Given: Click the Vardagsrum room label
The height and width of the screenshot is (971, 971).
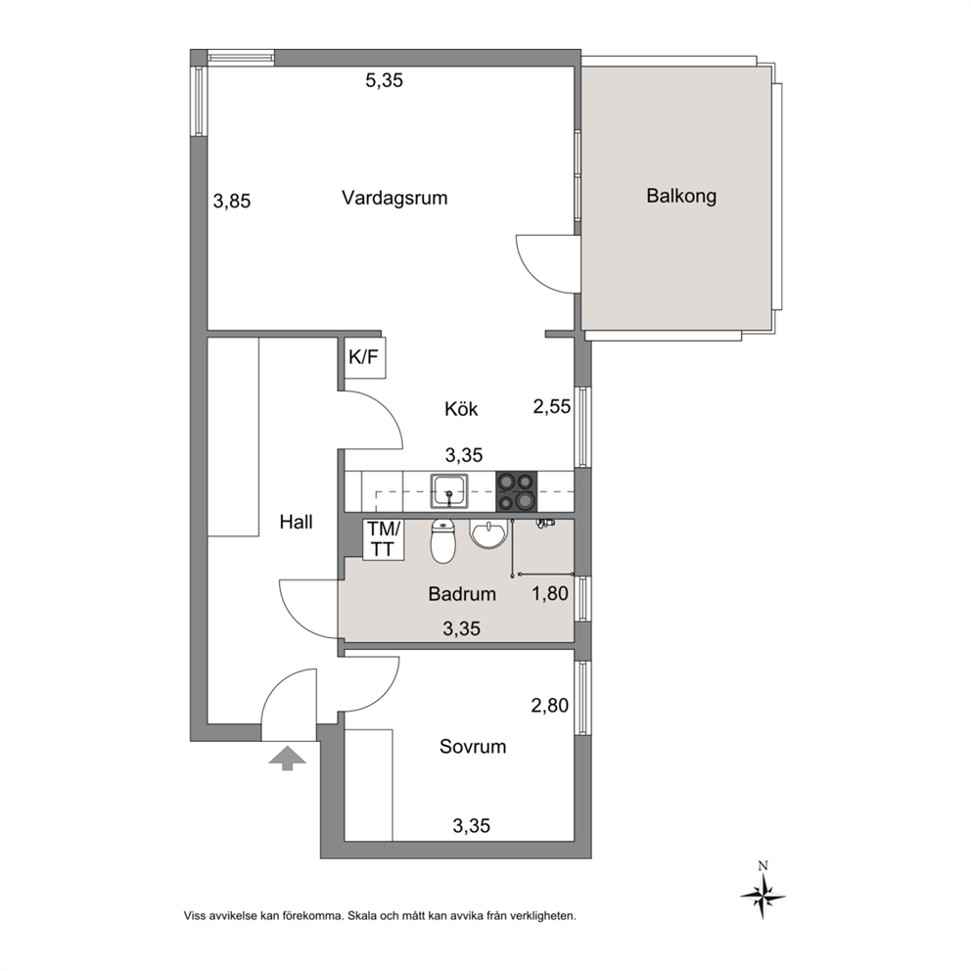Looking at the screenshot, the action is (x=394, y=198).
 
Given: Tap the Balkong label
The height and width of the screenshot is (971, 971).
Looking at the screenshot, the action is (x=681, y=197).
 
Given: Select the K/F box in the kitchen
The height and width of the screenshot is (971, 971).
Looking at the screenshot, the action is (x=365, y=358).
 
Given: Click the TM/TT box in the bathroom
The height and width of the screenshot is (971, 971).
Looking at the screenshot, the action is (x=384, y=539).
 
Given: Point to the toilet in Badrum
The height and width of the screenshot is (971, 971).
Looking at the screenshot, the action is (x=442, y=541).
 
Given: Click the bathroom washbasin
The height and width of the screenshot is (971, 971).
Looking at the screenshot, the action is (x=488, y=534).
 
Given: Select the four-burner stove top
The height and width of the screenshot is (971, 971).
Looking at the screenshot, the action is (x=517, y=491).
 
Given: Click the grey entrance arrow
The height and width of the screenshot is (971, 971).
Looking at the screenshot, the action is (x=287, y=758).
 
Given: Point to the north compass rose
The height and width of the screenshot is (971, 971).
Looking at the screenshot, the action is (x=763, y=896).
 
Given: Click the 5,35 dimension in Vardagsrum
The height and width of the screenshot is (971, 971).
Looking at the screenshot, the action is (x=384, y=80).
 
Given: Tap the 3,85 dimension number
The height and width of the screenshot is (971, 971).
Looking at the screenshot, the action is (x=232, y=202).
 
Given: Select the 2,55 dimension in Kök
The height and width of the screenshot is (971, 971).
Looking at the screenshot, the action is (x=552, y=406).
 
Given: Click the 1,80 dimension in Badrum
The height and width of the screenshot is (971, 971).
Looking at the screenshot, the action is (x=550, y=593).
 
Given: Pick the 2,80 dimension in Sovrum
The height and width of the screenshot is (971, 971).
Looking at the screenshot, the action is (x=550, y=706).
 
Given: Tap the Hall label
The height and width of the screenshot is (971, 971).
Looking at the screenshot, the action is (x=296, y=522).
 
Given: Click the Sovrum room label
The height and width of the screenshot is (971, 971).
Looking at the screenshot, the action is (x=473, y=747).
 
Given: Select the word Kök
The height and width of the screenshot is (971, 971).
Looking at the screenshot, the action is (x=461, y=409).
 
